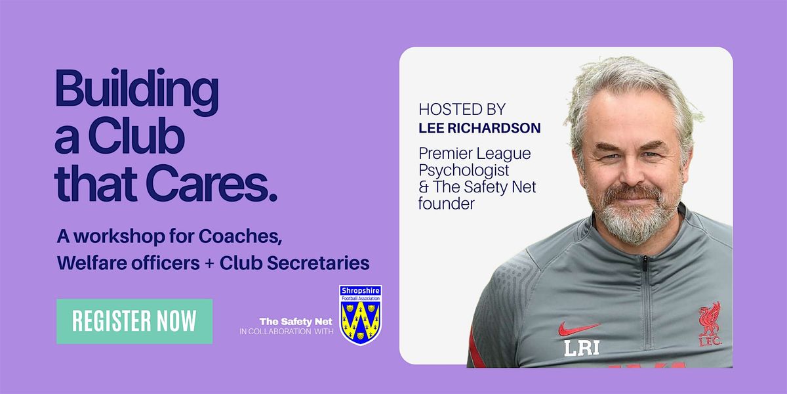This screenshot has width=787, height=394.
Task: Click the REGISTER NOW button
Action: tap(134, 321)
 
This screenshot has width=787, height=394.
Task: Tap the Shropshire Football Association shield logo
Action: tap(361, 315)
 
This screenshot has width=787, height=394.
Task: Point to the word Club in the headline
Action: tap(136, 135)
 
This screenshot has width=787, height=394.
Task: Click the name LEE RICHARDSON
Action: tap(479, 128)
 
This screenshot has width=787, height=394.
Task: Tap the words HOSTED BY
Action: tap(462, 110)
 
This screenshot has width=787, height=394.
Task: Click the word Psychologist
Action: tap(464, 171)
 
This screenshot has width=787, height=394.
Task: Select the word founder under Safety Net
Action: tap(447, 204)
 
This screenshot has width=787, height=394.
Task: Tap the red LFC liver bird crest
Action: tap(710, 324)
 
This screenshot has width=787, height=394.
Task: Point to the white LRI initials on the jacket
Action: tap(582, 348)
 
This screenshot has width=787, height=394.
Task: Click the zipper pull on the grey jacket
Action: tap(645, 264)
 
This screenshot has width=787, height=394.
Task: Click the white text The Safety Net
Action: tap(296, 322)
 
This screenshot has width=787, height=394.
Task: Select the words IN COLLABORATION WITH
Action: tap(287, 332)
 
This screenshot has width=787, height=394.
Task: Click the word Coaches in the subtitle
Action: tap(240, 236)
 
